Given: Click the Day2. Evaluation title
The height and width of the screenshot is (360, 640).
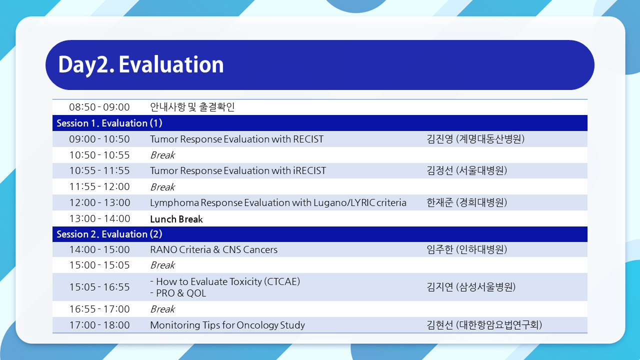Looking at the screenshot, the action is click(141, 65).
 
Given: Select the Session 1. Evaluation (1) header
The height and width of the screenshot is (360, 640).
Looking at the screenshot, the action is click(109, 123).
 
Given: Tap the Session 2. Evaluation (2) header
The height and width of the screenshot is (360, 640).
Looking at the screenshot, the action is click(109, 234).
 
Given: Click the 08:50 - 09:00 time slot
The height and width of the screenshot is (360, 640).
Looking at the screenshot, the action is click(99, 107).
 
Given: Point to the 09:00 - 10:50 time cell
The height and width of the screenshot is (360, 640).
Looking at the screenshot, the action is click(99, 139).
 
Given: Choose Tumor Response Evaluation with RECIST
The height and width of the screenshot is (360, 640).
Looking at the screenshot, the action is click(237, 139).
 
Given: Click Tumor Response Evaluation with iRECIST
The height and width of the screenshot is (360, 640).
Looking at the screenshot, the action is click(238, 170).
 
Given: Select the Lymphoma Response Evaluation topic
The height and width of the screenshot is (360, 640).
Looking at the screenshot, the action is click(278, 202).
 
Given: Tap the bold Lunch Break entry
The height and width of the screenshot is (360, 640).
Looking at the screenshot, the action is click(176, 219).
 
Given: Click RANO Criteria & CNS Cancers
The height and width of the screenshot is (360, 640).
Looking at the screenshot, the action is click(213, 249).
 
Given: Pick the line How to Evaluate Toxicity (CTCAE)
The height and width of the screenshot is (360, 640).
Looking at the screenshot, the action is click(225, 281).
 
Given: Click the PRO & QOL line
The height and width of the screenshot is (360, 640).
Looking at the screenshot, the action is click(178, 293).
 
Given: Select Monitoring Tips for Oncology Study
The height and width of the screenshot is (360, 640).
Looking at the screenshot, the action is click(227, 325).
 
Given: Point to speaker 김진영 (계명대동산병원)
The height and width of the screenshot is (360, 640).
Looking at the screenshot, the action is click(475, 139).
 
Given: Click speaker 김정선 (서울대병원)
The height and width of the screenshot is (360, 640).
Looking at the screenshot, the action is click(467, 170).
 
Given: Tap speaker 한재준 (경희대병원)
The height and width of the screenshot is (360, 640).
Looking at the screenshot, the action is click(467, 202).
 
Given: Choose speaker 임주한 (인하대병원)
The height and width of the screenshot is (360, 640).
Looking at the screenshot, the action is click(467, 249).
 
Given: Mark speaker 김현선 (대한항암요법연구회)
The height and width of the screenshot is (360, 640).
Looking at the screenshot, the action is click(484, 325).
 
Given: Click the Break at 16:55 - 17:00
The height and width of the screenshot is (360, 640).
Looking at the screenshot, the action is click(162, 309).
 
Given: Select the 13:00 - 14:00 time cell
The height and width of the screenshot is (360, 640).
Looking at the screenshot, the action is click(99, 218).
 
